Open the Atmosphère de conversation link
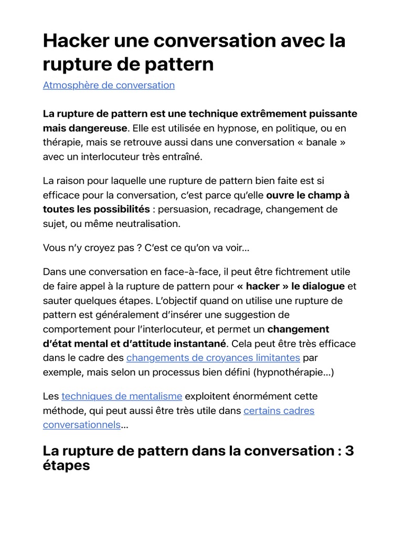click(109, 85)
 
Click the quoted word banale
click(323, 142)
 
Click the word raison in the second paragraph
click(72, 181)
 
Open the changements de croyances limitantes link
click(213, 358)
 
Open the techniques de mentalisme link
click(122, 396)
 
